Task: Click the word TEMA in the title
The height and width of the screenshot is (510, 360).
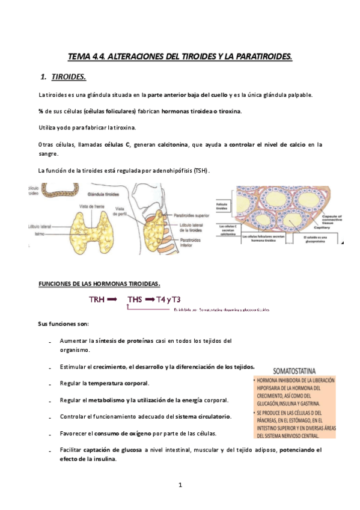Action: click(x=78, y=57)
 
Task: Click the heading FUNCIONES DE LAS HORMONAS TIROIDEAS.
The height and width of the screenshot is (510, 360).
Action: click(x=99, y=283)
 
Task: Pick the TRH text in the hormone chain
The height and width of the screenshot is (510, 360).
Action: click(x=97, y=299)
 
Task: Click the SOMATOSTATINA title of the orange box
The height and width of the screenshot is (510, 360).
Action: click(x=295, y=371)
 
